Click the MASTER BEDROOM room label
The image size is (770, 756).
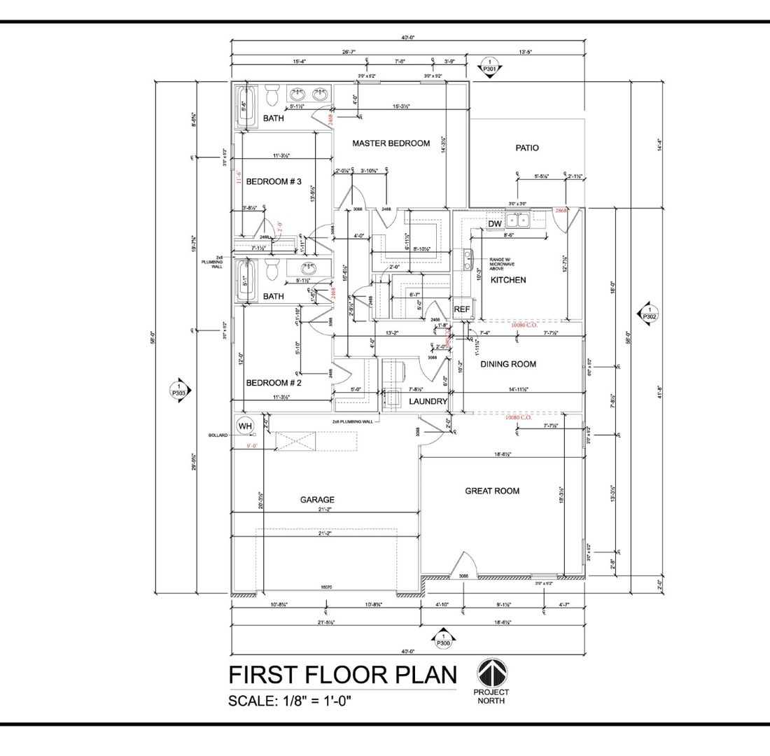click(391, 143)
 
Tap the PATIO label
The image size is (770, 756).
click(527, 148)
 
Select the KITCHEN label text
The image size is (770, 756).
click(508, 280)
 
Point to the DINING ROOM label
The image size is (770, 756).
click(508, 364)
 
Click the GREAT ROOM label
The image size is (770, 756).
click(492, 491)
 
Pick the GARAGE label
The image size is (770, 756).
click(317, 500)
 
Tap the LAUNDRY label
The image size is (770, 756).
click(428, 401)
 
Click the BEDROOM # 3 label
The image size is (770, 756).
click(273, 182)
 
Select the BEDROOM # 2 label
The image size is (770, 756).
click(273, 383)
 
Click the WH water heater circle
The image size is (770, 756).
click(245, 426)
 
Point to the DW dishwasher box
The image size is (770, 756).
click(495, 223)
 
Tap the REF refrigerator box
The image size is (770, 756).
click(461, 309)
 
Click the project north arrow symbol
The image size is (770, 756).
click(493, 674)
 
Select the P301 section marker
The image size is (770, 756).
click(490, 66)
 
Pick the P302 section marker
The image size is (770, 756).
click(649, 313)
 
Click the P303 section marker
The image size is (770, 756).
click(178, 390)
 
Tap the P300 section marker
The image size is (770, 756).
click(442, 639)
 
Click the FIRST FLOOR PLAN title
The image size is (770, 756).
click(343, 675)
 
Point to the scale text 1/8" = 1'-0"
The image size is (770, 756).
click(290, 701)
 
